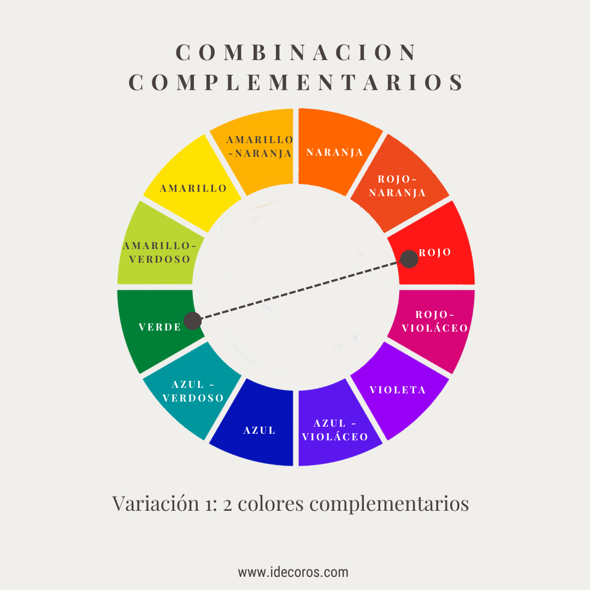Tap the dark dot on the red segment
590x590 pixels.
click(409, 259)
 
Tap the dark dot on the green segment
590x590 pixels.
click(192, 321)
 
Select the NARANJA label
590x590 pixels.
click(335, 152)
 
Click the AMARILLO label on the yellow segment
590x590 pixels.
click(193, 188)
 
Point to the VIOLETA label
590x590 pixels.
click(398, 390)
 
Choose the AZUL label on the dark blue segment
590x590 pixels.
click(259, 430)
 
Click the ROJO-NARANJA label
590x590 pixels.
click(397, 186)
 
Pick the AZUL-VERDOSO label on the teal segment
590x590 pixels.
click(193, 391)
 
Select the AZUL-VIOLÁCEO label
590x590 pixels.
click(335, 430)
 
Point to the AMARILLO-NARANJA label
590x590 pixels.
click(259, 146)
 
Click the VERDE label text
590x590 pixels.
click(160, 327)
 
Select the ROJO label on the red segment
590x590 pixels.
click(435, 252)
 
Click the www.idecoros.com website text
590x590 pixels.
click(293, 573)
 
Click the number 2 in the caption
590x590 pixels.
click(229, 504)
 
